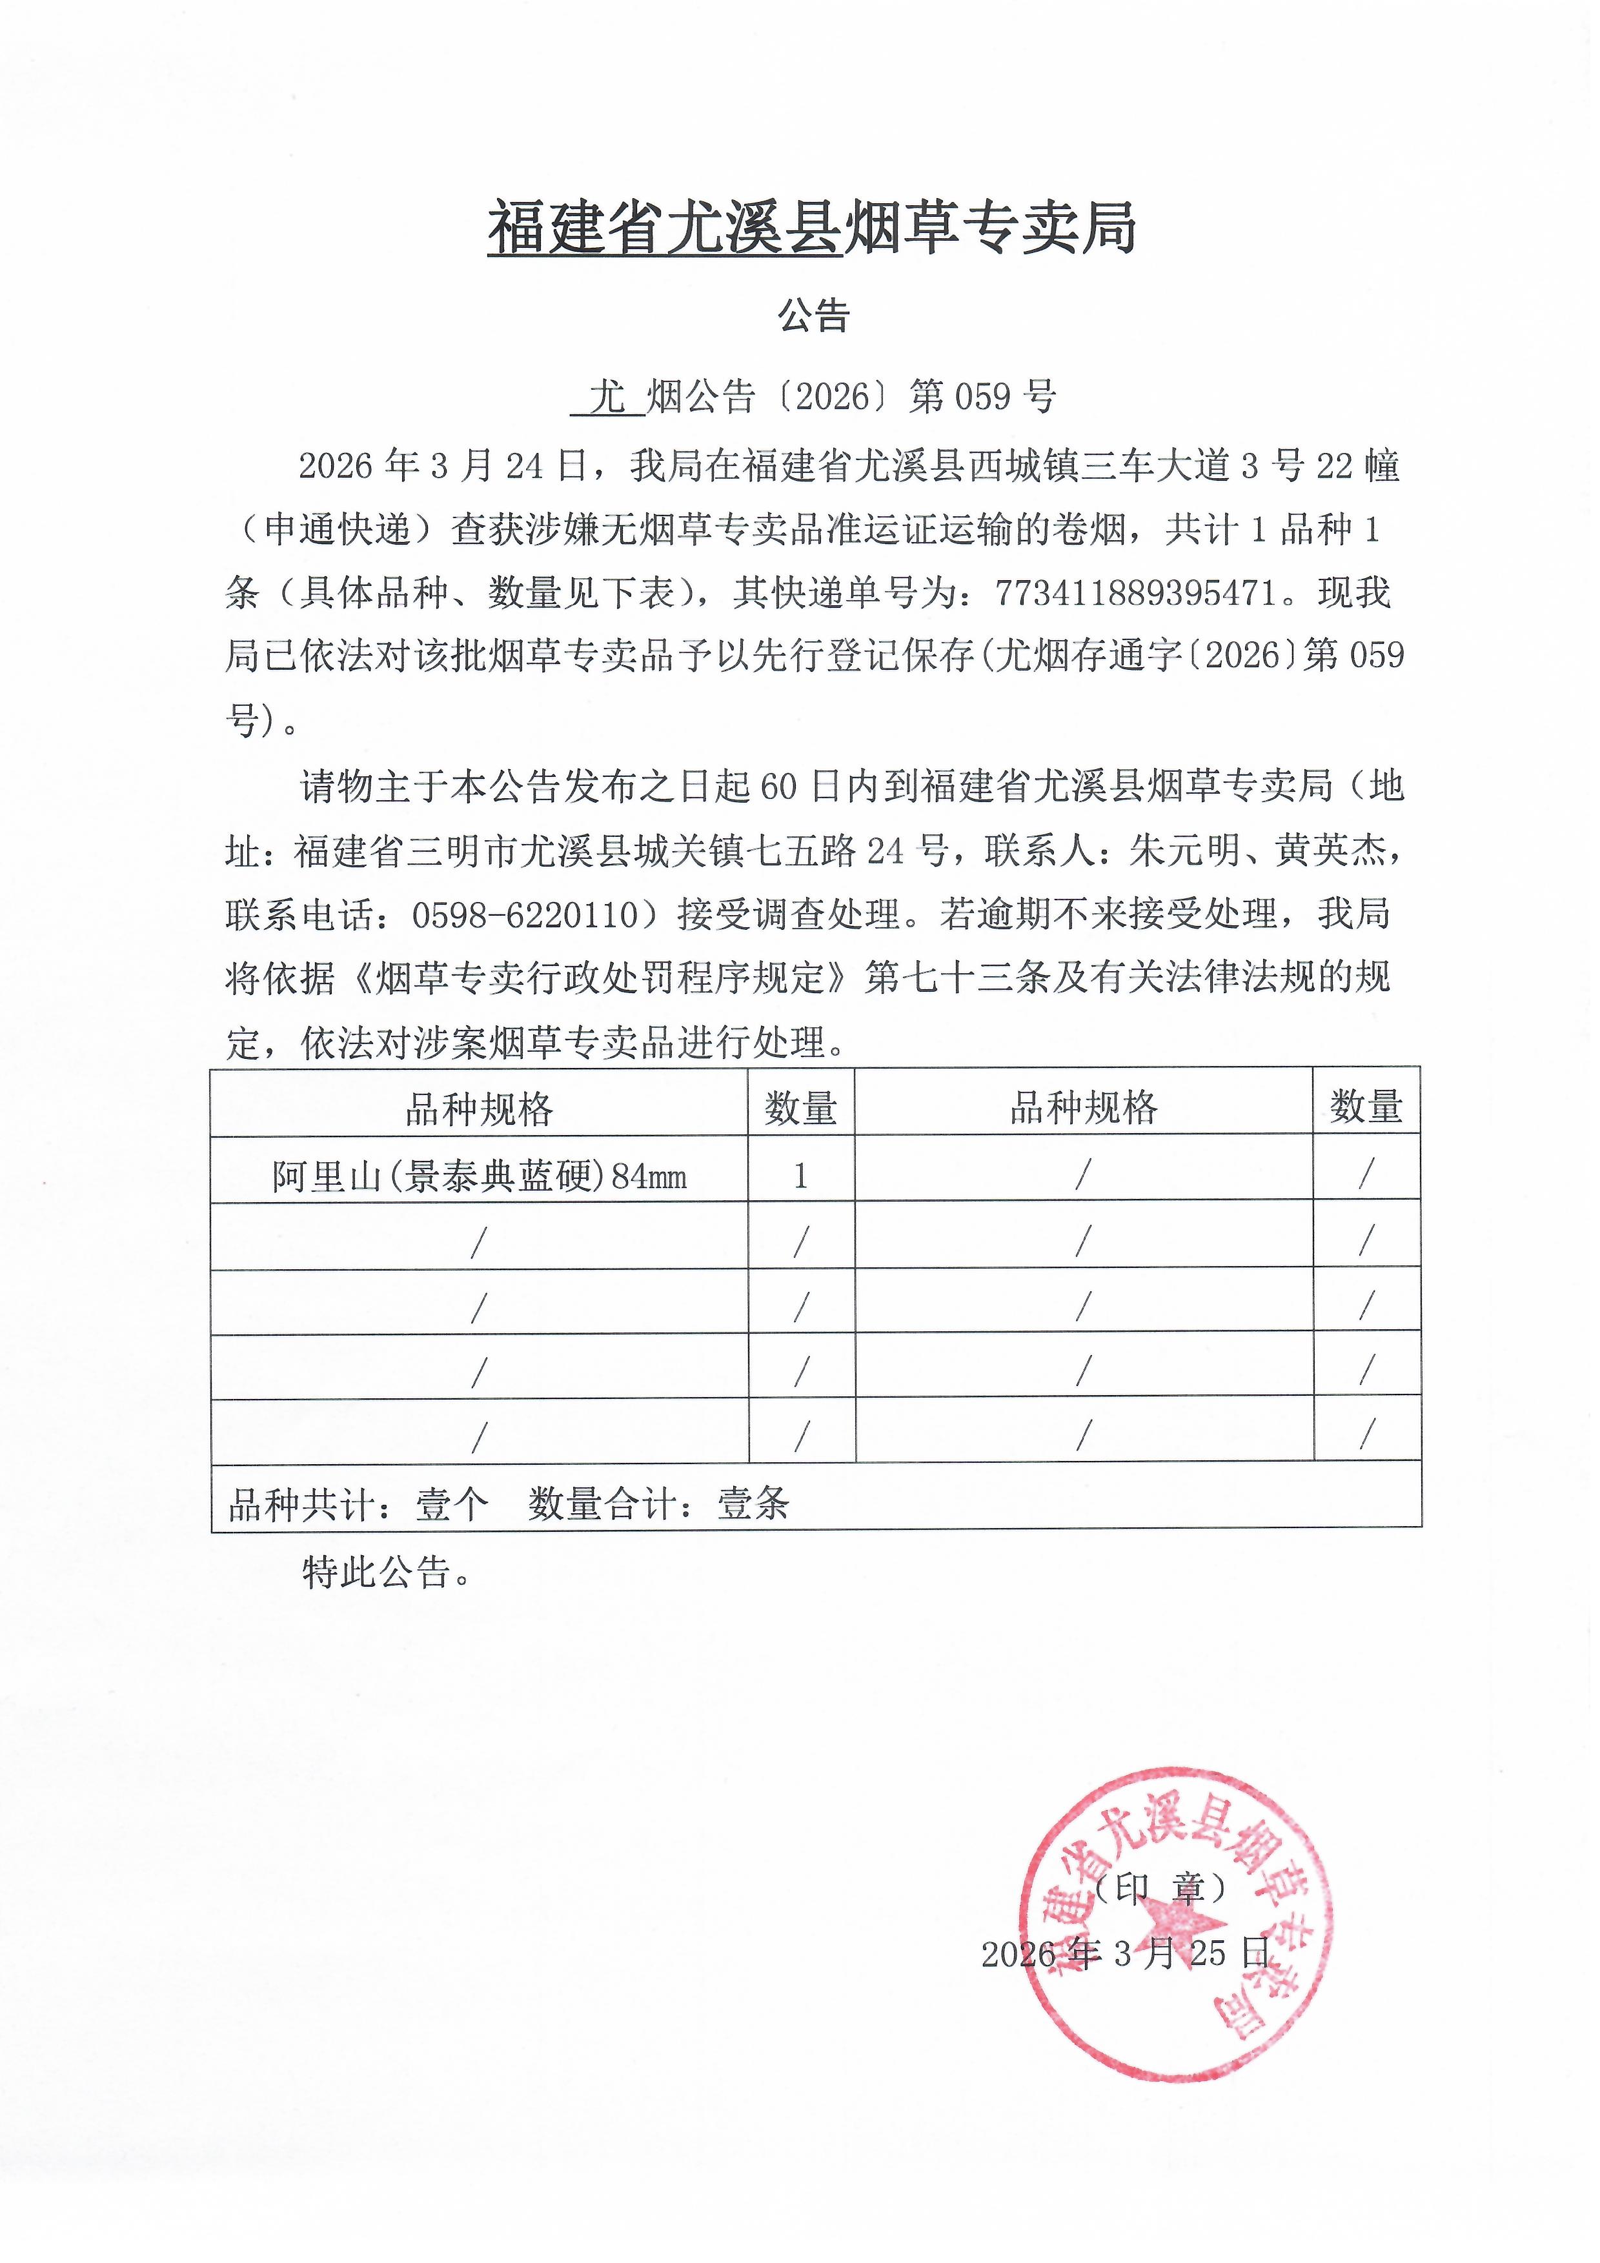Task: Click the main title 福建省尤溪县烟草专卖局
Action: tap(813, 228)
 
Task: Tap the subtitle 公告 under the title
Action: tap(813, 316)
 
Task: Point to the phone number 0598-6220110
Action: tap(525, 914)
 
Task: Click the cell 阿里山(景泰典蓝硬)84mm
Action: tap(479, 1176)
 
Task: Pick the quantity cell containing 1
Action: tap(800, 1175)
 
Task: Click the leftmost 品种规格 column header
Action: tap(479, 1109)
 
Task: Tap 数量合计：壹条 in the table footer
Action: tap(658, 1504)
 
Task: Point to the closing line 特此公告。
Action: tap(387, 1572)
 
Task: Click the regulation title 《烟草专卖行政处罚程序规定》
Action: tap(602, 978)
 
